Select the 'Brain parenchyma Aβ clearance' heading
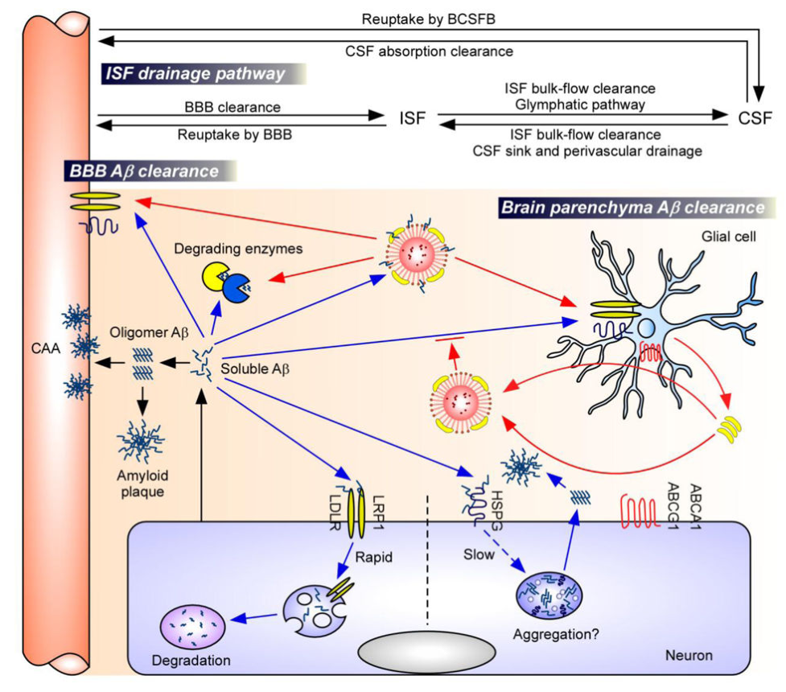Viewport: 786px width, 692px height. (x=632, y=207)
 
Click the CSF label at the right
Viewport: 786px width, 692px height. (x=755, y=119)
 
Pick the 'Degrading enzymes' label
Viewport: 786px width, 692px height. (x=252, y=249)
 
